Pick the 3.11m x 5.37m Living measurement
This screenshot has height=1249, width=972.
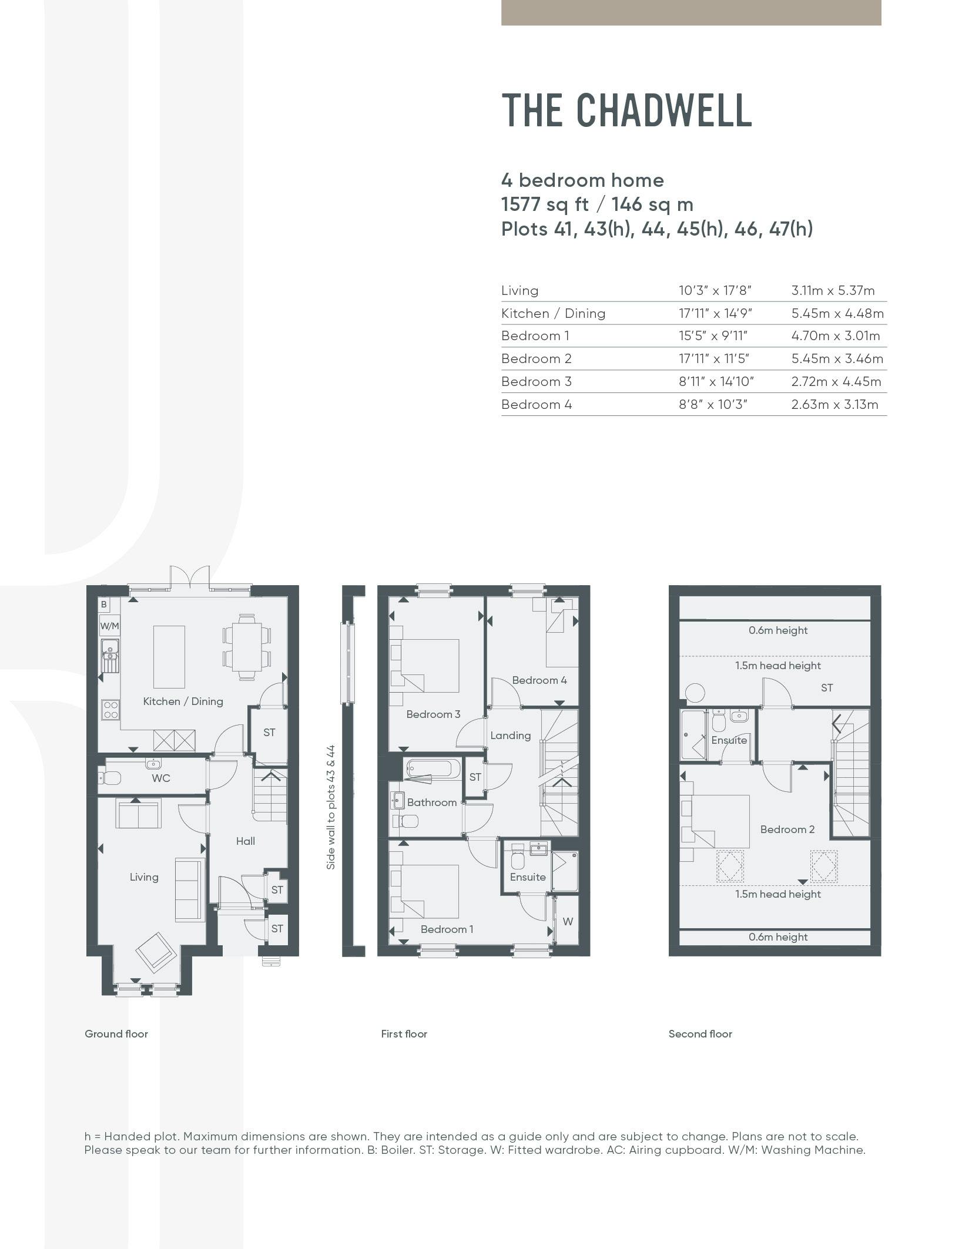(833, 290)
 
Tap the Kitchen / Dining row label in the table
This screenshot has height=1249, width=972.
(553, 313)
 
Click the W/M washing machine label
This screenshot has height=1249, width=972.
(109, 626)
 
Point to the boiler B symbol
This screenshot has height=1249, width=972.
(104, 604)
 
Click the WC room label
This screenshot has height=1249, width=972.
(161, 778)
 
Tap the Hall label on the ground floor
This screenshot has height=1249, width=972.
(246, 841)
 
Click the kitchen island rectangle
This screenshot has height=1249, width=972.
(169, 656)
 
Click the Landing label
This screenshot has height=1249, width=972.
(510, 735)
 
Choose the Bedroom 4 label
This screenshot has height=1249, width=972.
(539, 680)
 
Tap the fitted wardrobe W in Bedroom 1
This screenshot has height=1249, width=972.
(568, 922)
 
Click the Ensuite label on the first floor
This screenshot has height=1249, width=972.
(528, 877)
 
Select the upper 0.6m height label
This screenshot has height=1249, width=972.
(778, 630)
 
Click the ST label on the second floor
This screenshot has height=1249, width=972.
(827, 687)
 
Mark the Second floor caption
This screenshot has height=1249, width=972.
(700, 1034)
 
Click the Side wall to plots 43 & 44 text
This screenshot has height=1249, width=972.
(331, 807)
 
